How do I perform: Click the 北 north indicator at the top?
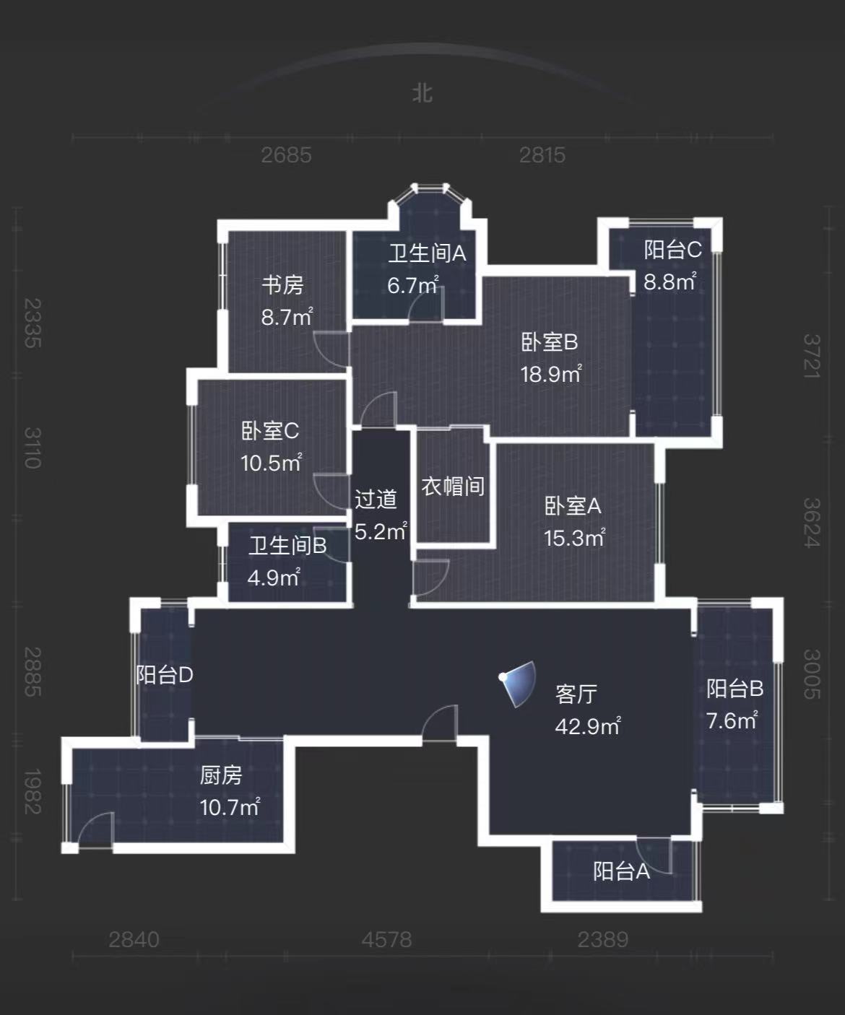click(422, 93)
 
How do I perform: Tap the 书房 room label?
click(282, 284)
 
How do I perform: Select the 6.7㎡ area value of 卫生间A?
click(412, 285)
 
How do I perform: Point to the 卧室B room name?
click(550, 341)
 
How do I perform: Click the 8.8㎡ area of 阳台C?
click(669, 282)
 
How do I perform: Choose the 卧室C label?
click(269, 431)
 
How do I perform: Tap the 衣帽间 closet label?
click(453, 486)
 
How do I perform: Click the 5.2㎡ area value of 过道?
click(381, 531)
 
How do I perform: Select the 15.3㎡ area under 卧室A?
click(574, 538)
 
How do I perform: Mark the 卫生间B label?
click(287, 546)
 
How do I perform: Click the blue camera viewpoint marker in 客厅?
click(519, 683)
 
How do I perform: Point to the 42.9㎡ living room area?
click(587, 726)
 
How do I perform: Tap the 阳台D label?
click(165, 675)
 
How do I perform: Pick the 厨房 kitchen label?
click(221, 775)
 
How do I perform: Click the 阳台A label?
click(621, 871)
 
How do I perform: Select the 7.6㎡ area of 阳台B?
click(732, 720)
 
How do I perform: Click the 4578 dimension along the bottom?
click(386, 939)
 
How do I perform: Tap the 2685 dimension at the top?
click(286, 154)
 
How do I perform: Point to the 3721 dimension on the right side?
click(812, 356)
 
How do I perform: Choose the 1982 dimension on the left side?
click(32, 791)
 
